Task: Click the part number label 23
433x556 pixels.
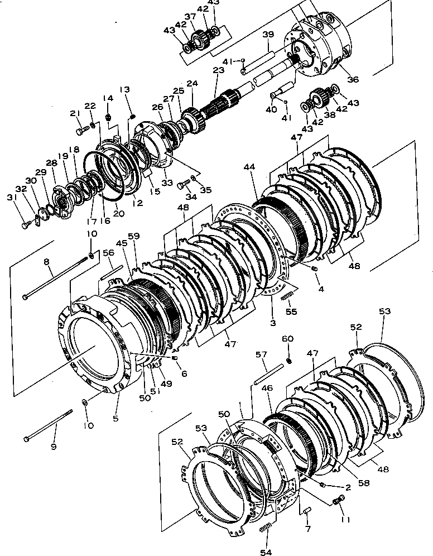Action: (x=218, y=71)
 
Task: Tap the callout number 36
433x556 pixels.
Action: (x=352, y=79)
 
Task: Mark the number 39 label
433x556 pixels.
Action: (x=268, y=35)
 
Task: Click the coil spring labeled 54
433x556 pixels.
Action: (x=267, y=528)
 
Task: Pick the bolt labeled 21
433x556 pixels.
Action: (x=81, y=131)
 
